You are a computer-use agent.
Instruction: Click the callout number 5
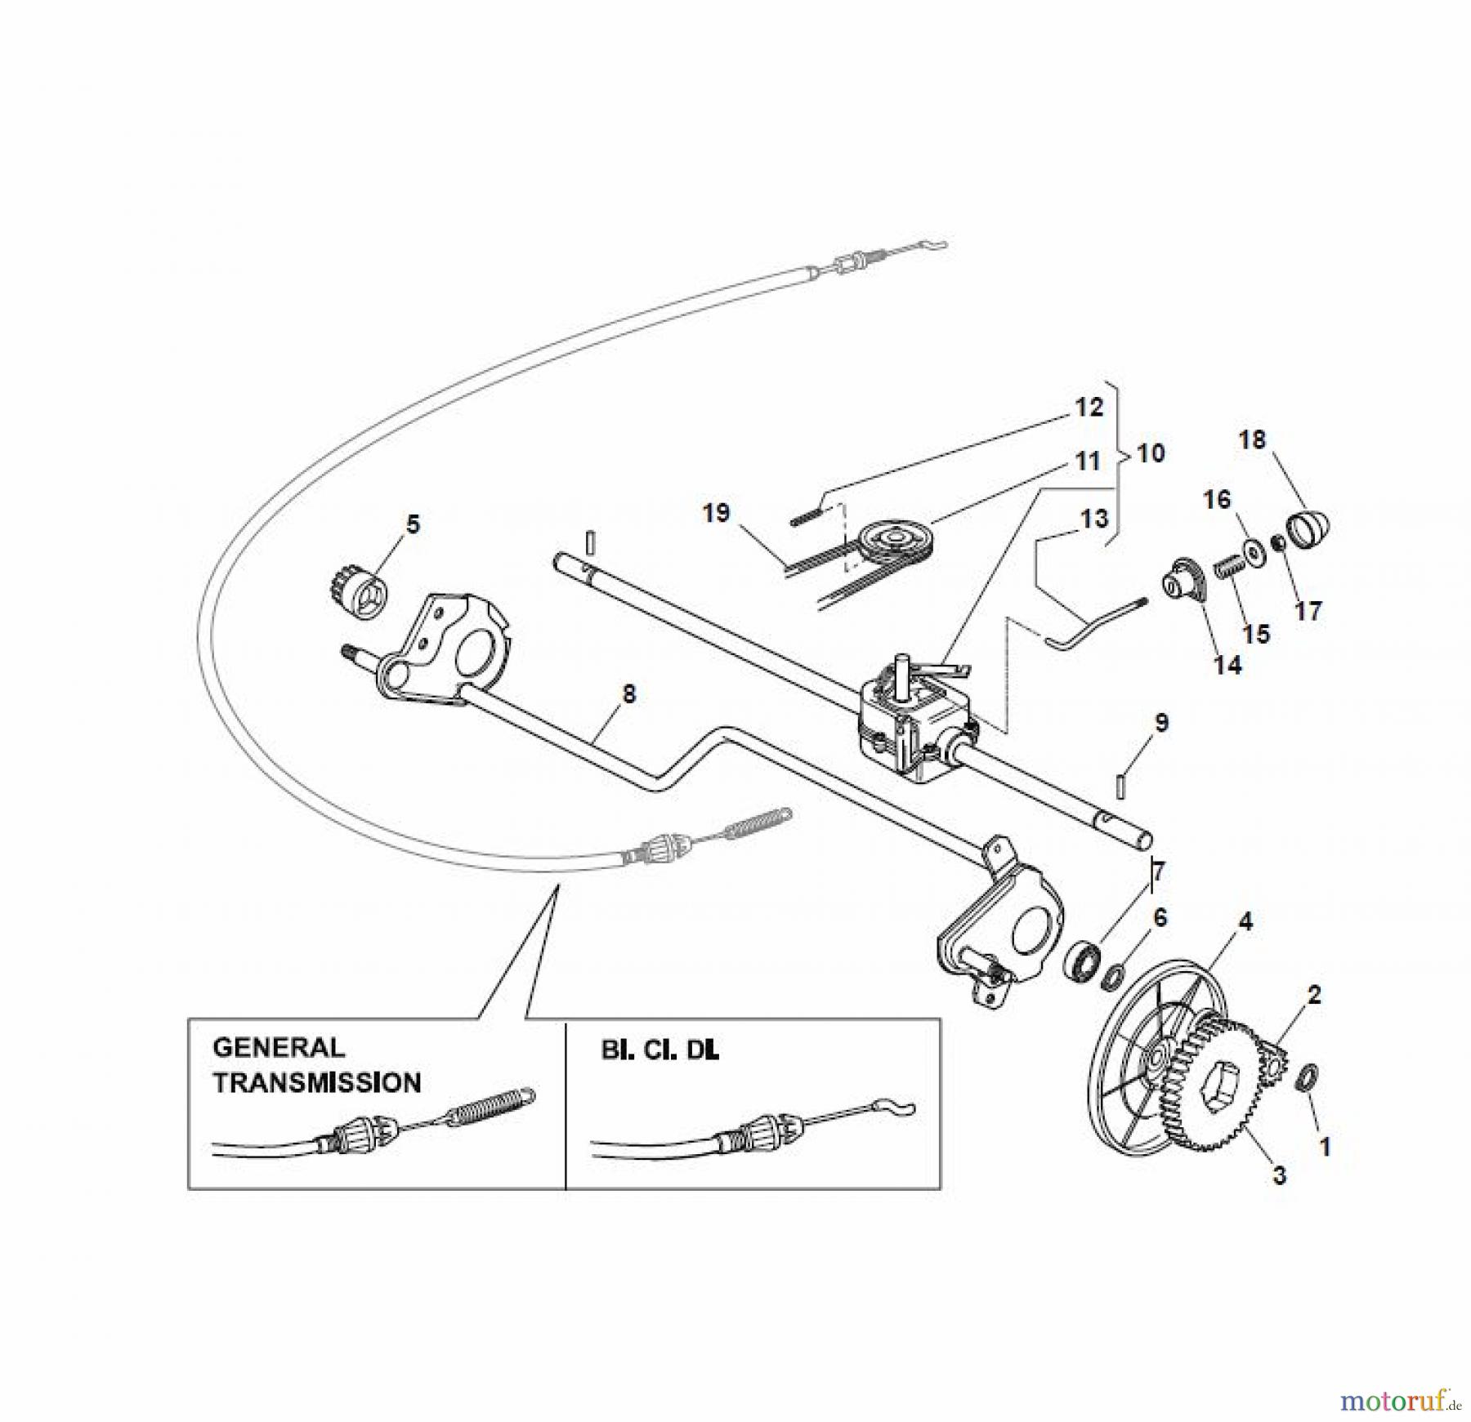(x=413, y=524)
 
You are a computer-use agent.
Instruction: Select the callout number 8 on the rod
(x=628, y=695)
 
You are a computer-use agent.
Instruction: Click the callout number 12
(x=1088, y=407)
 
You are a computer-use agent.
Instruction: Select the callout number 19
(x=717, y=514)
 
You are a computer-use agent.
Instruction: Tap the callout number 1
(x=1325, y=1147)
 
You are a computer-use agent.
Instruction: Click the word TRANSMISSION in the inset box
(x=317, y=1083)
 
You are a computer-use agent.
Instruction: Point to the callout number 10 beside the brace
(x=1151, y=453)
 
